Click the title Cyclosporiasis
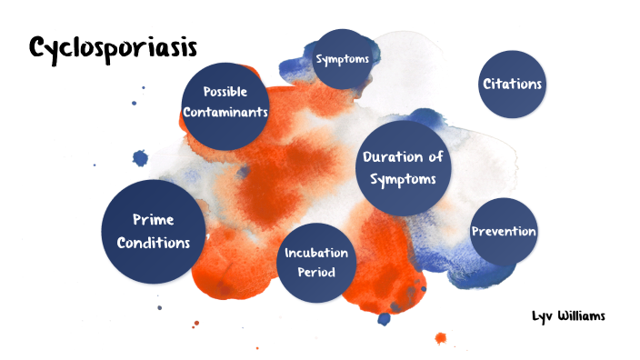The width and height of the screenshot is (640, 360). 113,49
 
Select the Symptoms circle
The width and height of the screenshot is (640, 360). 342,59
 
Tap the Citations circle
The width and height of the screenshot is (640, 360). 512,84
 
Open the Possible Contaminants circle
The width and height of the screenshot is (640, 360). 225,106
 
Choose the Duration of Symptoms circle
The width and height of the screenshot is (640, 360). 404,168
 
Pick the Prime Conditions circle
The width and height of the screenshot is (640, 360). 154,232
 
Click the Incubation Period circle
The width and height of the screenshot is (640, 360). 316,263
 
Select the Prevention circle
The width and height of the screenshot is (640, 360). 504,232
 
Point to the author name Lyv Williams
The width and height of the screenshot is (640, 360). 568,316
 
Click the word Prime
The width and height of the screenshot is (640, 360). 154,220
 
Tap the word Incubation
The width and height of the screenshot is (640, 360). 316,253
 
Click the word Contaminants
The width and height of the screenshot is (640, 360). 225,112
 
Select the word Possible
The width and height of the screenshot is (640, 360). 225,92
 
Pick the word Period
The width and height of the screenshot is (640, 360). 316,272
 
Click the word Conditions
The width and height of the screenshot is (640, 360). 154,243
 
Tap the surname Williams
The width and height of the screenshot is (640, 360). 582,315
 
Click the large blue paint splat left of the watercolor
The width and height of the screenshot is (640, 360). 140,158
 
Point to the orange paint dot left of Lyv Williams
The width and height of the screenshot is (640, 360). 440,338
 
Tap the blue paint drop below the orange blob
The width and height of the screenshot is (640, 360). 384,319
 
